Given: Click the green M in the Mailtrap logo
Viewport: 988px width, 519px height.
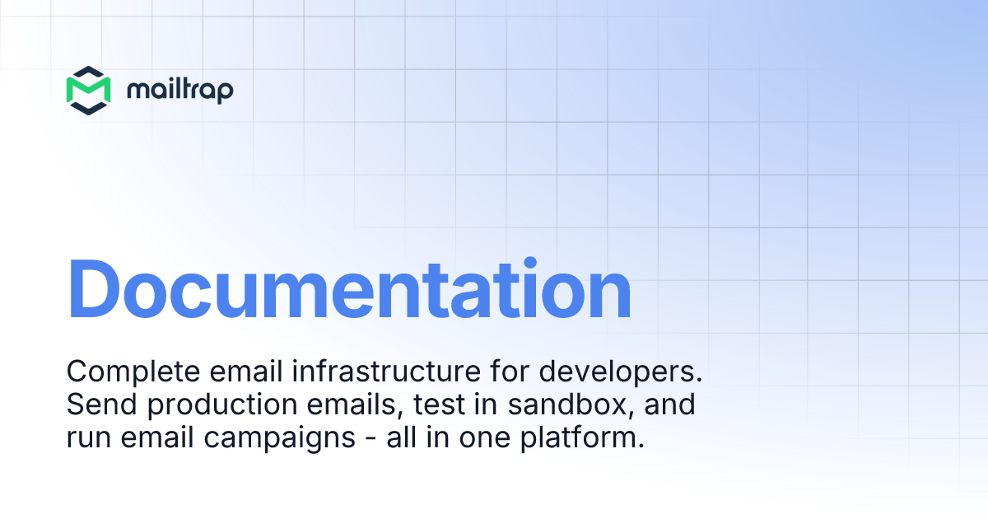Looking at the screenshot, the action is pyautogui.click(x=88, y=91).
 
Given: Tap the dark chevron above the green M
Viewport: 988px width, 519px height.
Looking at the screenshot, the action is pyautogui.click(x=88, y=72).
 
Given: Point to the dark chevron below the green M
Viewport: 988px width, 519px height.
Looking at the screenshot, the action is pyautogui.click(x=88, y=109).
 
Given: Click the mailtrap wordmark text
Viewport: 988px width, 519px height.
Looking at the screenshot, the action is pyautogui.click(x=180, y=90).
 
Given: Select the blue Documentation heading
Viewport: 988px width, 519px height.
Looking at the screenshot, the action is pyautogui.click(x=349, y=288).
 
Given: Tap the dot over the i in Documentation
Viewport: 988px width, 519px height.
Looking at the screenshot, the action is pyautogui.click(x=529, y=262).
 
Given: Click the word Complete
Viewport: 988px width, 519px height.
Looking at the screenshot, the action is pyautogui.click(x=133, y=372).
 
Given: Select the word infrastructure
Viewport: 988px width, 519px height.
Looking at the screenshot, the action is pyautogui.click(x=386, y=371).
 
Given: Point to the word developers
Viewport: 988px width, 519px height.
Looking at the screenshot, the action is pyautogui.click(x=621, y=372).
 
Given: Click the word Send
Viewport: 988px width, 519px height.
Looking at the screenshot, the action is pyautogui.click(x=102, y=404).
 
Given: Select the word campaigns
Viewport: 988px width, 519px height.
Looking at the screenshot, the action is pyautogui.click(x=280, y=438).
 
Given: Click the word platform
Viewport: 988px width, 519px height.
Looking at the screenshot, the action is pyautogui.click(x=582, y=438).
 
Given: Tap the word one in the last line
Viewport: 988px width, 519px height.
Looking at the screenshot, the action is pyautogui.click(x=485, y=438).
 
